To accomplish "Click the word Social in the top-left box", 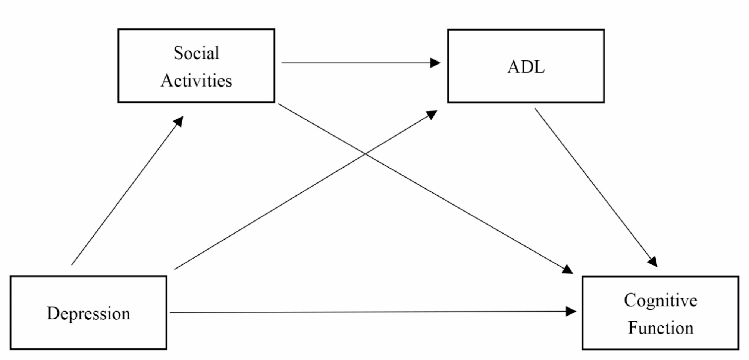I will pos(196,53).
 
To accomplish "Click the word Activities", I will pos(196,81).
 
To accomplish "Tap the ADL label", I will pos(526,67).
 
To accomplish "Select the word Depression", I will pos(88,313).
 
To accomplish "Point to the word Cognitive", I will pos(660,300).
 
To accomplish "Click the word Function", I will pos(660,328).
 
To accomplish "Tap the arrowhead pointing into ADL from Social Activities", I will pos(435,63).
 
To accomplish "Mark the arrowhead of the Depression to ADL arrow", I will pos(432,114).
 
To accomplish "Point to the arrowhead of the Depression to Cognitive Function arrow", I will pos(571,311).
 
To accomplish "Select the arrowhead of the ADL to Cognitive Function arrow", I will pos(653,262).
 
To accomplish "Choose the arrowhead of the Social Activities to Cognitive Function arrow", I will pos(567,269).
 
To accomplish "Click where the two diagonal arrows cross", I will pos(365,153).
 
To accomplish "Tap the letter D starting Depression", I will pos(53,313).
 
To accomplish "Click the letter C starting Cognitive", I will pos(630,300).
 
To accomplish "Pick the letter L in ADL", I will pos(538,67).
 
